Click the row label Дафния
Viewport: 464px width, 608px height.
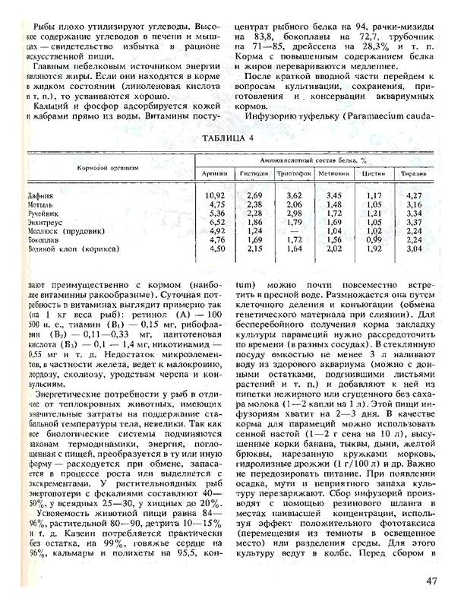[39, 196]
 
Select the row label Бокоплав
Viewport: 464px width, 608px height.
[43, 239]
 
